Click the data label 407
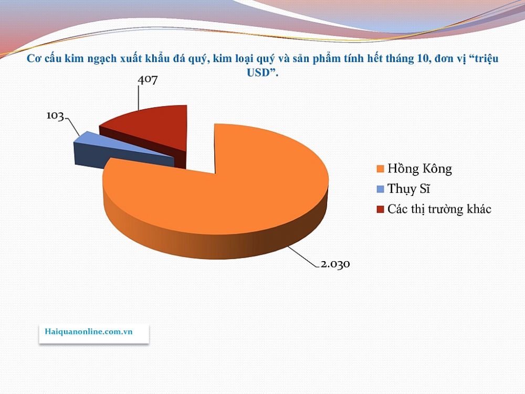(148, 80)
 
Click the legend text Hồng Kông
(419, 169)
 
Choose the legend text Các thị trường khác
(439, 209)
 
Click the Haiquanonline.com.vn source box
(94, 333)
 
